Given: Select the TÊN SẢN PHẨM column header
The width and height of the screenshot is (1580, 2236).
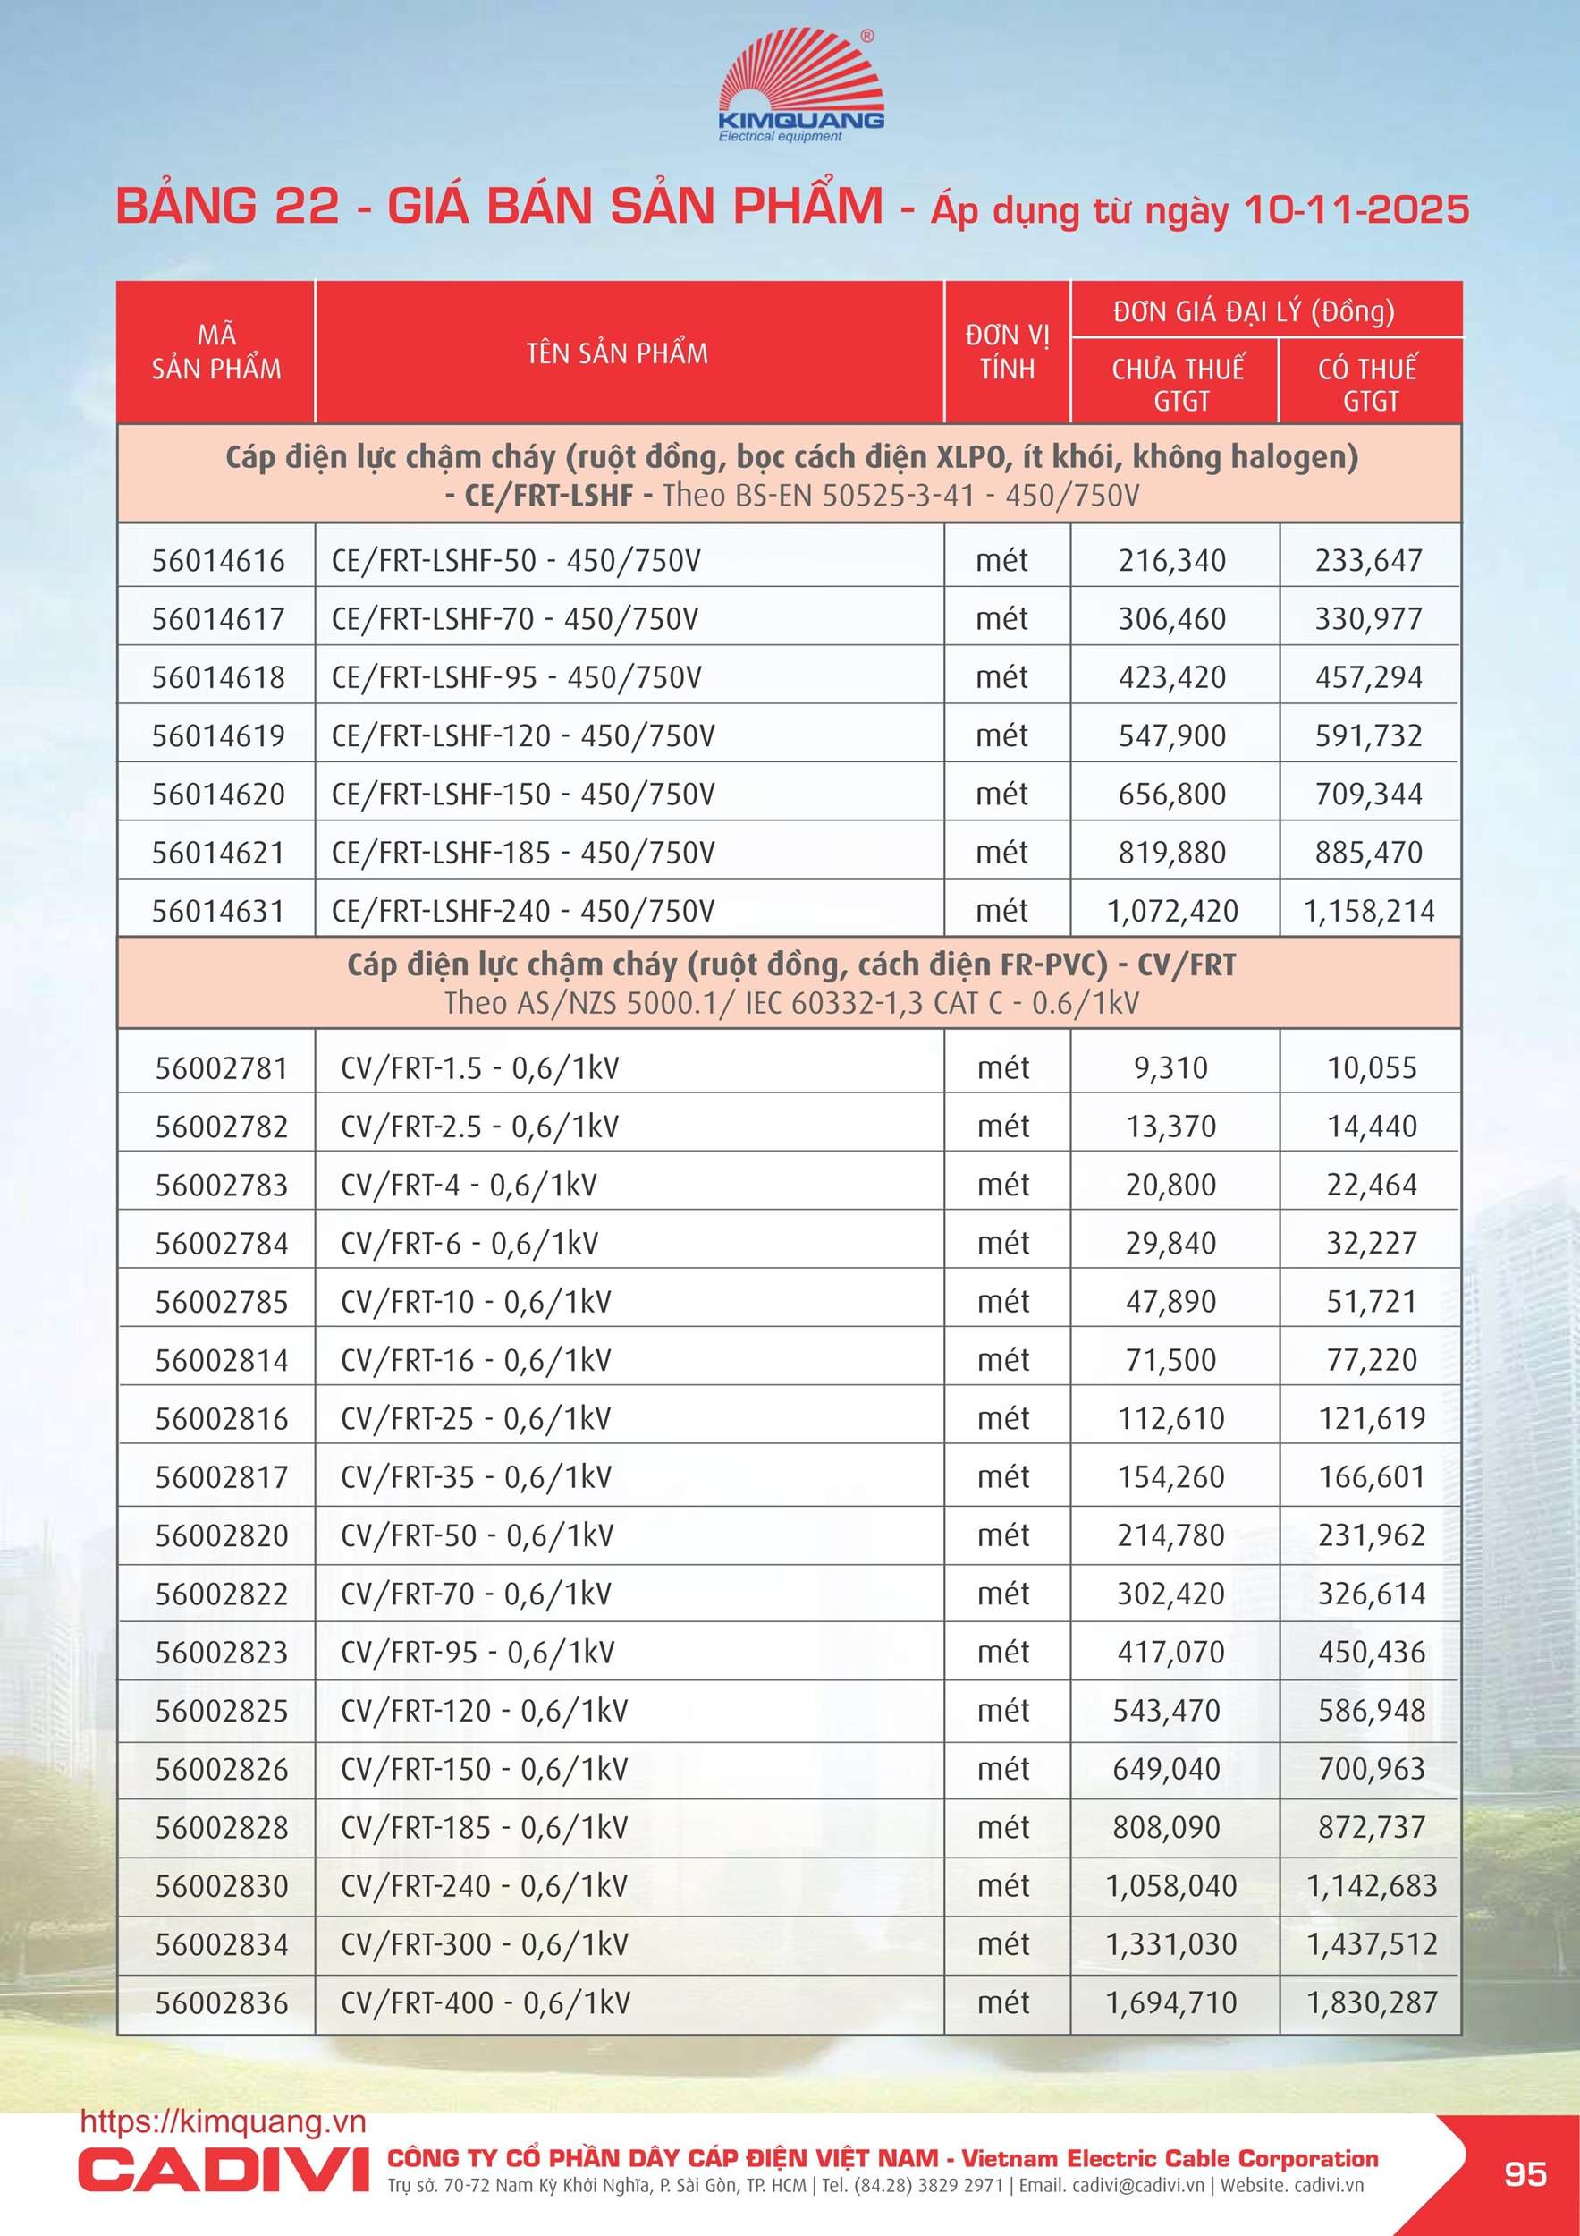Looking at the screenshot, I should tap(617, 353).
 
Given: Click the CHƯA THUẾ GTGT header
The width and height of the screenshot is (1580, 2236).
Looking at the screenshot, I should tap(1178, 384).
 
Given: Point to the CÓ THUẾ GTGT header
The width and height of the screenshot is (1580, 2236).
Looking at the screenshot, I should tap(1369, 384).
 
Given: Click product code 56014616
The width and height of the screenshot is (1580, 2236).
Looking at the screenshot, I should tap(218, 561).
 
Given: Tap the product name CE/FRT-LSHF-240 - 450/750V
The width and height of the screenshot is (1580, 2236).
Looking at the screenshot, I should tap(523, 912).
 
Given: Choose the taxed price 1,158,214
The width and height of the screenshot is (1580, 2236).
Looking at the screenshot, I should tap(1369, 912).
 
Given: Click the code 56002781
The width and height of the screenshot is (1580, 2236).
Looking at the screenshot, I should tap(222, 1068).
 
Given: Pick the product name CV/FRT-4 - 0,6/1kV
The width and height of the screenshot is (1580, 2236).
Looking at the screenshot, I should tap(469, 1186).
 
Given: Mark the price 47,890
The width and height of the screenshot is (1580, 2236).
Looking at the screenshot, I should tap(1171, 1302).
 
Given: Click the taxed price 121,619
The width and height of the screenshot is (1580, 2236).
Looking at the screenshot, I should tap(1372, 1419).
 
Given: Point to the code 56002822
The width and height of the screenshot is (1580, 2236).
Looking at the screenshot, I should tap(222, 1594).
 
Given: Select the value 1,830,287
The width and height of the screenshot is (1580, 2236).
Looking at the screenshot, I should tap(1372, 2003).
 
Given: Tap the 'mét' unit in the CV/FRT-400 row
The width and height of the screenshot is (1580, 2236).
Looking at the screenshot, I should tap(1002, 2003).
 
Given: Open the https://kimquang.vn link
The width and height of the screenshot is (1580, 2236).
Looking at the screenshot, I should tap(223, 2121).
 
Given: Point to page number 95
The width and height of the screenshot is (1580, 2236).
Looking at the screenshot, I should tap(1525, 2173).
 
